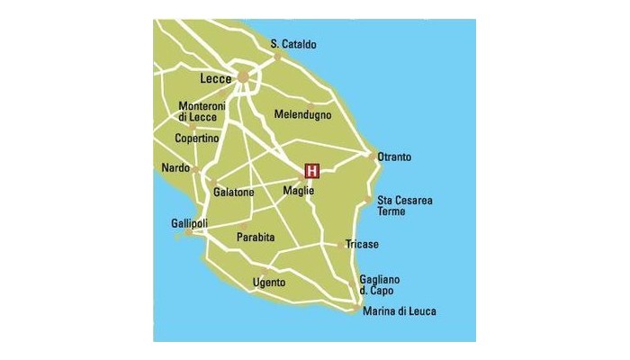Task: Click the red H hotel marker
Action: (312, 170)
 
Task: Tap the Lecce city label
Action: (216, 79)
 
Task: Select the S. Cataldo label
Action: (293, 43)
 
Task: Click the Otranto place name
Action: (394, 157)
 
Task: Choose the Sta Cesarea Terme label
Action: (398, 205)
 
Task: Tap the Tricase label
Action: (362, 244)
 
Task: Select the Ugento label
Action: (269, 283)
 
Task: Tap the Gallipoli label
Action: (190, 222)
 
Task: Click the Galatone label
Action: (234, 193)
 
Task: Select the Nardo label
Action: (175, 168)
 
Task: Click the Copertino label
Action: (197, 139)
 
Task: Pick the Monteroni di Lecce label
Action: (199, 111)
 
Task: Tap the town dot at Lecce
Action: (243, 77)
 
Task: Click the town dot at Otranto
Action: (372, 156)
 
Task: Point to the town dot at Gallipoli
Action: (188, 234)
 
